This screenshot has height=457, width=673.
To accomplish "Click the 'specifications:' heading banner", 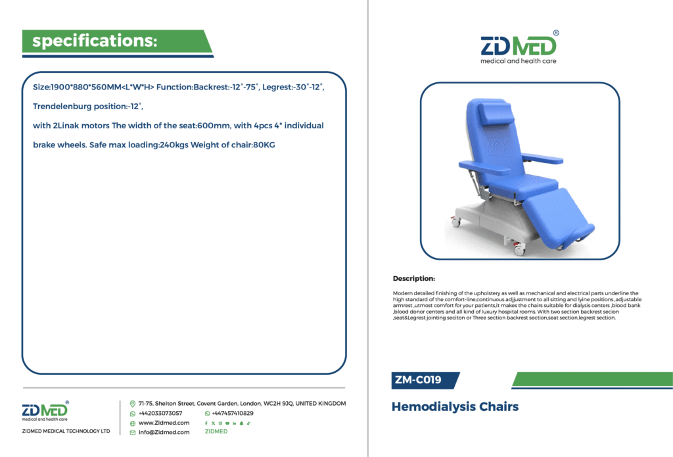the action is (x=117, y=41).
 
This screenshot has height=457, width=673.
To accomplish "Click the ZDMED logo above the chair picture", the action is (x=519, y=48).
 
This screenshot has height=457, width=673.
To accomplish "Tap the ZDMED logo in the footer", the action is (x=45, y=411).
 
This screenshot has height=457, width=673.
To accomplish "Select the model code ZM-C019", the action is (x=418, y=380).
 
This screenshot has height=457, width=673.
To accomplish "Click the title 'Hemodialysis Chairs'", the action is (x=455, y=406).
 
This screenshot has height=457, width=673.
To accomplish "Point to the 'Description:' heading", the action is (x=414, y=278).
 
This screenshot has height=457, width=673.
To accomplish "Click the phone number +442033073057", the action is (x=160, y=413).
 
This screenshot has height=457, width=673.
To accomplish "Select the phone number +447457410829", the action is (x=232, y=413).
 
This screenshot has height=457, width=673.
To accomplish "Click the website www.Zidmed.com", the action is (x=164, y=423).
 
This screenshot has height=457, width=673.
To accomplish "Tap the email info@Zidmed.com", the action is (x=164, y=432).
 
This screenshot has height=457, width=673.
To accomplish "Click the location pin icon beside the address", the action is (x=133, y=404).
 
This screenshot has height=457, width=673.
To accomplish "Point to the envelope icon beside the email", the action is (x=133, y=433).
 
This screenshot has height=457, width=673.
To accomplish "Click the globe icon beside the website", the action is (x=133, y=423).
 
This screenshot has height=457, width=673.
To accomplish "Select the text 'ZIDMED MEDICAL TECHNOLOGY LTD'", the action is (x=66, y=431).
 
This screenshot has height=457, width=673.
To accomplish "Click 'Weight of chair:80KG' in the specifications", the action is (x=233, y=145).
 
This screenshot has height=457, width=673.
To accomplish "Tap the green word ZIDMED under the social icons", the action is (x=216, y=431).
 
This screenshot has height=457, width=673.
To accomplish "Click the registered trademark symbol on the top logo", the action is (x=556, y=33).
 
